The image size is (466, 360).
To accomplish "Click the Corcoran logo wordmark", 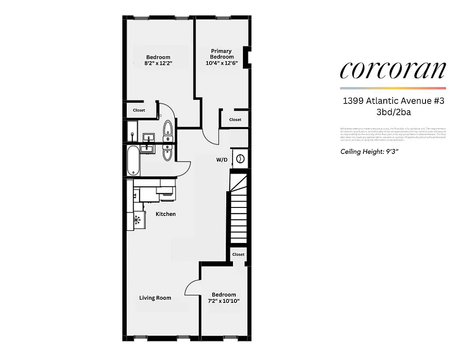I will point(393,70).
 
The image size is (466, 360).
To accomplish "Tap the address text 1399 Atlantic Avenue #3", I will point(393,101).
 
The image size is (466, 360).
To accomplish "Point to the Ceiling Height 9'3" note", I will point(369,152).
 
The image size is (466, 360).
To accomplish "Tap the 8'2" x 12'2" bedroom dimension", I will point(158,63).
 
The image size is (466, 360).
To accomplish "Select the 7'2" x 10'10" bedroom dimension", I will point(224,301).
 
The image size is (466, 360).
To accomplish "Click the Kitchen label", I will point(166,214).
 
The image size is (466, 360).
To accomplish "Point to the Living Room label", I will point(155,298).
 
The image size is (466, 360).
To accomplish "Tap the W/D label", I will point(221,160).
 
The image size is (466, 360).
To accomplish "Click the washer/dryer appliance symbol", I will point(240,158).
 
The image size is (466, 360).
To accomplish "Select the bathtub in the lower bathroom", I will point(134,161).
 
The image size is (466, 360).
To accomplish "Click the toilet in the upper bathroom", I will point(167,128).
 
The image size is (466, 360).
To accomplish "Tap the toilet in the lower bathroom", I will point(167,153).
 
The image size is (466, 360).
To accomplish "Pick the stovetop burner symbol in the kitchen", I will point(137,220).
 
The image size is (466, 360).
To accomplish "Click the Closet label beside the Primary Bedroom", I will point(235,120).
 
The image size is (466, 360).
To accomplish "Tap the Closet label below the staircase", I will point(238,254).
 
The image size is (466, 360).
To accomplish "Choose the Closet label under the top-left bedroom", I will point(139,110).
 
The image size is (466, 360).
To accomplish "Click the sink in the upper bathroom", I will point(148,137).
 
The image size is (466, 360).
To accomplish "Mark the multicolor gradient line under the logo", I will point(393,88).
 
